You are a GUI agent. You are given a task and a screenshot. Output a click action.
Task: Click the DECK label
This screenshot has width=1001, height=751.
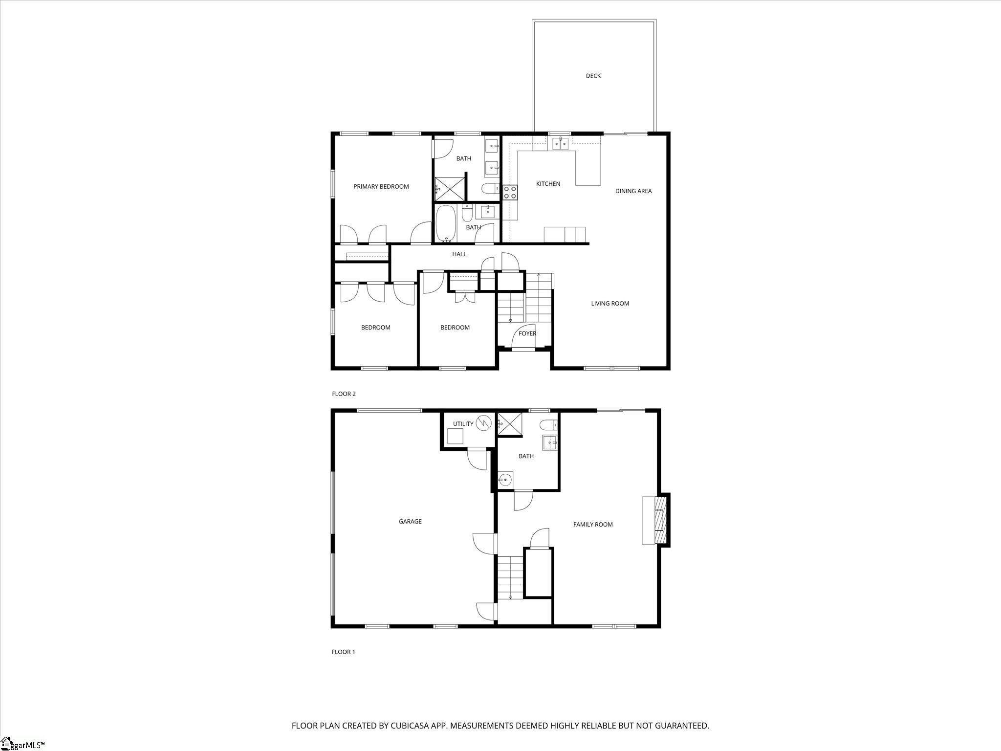(x=593, y=76)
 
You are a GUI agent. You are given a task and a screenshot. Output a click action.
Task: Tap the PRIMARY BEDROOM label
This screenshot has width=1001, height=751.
(x=381, y=186)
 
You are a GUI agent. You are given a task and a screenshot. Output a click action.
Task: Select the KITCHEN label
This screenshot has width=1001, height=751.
(x=548, y=184)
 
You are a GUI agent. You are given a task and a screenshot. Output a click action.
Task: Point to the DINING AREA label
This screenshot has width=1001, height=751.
(x=633, y=191)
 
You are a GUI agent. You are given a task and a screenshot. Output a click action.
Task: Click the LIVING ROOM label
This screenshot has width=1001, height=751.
(x=610, y=303)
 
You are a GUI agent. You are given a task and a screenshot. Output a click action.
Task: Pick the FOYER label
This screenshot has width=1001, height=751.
(x=527, y=333)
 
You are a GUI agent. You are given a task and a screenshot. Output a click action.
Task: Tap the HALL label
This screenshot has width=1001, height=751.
(x=459, y=254)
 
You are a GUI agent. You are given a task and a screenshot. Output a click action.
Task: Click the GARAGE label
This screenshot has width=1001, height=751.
(x=410, y=521)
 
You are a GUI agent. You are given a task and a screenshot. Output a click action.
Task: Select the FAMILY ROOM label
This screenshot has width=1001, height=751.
(x=593, y=524)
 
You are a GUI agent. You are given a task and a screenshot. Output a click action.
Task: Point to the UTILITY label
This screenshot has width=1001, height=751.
(x=463, y=424)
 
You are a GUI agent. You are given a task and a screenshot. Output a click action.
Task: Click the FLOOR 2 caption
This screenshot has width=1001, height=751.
(x=344, y=394)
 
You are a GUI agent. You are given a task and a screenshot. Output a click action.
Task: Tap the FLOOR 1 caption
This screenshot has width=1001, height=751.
(x=344, y=652)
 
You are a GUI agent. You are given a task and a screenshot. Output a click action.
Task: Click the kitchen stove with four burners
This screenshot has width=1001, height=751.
(x=510, y=192)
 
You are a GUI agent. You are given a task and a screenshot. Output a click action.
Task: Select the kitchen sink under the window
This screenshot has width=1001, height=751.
(x=560, y=143)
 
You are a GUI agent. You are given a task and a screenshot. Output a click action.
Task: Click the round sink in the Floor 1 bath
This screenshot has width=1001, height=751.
(x=505, y=481)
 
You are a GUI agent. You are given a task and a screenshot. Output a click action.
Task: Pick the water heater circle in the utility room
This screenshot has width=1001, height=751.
(x=483, y=422)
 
